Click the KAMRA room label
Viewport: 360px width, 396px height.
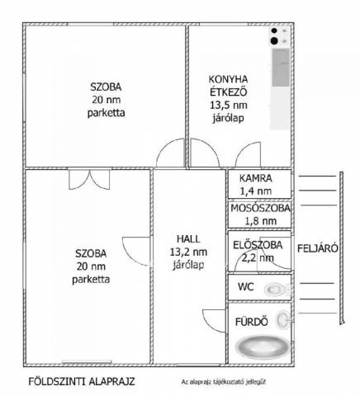click(256, 178)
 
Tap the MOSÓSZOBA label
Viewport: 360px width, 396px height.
click(260, 208)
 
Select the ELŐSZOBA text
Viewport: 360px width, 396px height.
click(258, 245)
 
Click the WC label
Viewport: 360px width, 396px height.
click(246, 287)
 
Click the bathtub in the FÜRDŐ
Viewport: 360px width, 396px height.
click(263, 347)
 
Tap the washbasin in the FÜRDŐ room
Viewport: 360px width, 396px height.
click(283, 319)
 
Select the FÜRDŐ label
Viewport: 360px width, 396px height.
click(252, 322)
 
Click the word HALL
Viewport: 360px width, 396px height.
click(188, 239)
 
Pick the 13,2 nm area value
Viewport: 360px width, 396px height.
click(188, 252)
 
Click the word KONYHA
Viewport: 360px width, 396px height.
click(228, 79)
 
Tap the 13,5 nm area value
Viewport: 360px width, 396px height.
click(229, 105)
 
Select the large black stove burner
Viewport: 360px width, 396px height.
click(274, 41)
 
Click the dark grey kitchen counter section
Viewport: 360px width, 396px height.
click(281, 68)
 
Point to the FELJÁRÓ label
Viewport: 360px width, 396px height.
click(318, 248)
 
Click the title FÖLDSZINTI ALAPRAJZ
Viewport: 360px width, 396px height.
click(82, 382)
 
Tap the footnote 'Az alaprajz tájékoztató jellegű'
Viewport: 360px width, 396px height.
click(224, 382)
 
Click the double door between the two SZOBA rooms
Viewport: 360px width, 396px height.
click(89, 180)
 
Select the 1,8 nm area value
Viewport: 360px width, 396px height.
click(261, 221)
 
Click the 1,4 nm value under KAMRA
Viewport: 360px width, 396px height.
click(256, 191)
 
